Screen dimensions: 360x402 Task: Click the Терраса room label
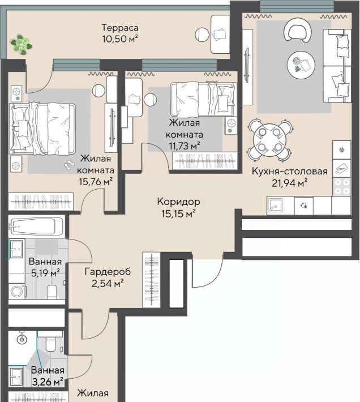tap(120, 28)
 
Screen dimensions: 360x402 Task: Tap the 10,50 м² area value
tap(120, 39)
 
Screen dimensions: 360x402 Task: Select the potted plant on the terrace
tap(21, 45)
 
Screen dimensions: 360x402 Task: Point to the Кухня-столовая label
tap(290, 171)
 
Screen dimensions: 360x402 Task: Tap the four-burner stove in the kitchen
tap(342, 187)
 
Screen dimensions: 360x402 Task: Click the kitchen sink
tap(275, 206)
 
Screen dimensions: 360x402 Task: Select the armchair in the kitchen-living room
tap(298, 31)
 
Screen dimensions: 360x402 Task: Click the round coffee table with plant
tap(301, 64)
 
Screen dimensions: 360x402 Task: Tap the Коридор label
tap(179, 202)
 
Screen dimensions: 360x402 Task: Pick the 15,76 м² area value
tap(96, 182)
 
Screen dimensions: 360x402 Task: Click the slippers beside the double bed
tap(68, 164)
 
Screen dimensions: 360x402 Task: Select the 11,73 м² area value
tap(185, 146)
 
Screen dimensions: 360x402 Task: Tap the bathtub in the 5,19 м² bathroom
tap(36, 226)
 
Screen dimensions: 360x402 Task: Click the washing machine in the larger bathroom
tap(17, 291)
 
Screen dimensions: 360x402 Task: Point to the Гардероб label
tap(108, 272)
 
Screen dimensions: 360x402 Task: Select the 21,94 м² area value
tap(290, 183)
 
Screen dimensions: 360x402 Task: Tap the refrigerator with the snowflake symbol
tap(342, 149)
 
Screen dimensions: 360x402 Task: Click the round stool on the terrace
tap(203, 35)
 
